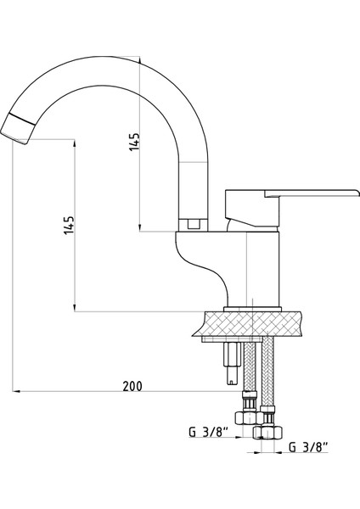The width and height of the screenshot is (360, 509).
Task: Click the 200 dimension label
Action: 132,386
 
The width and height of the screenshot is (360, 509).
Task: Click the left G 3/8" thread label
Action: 205,432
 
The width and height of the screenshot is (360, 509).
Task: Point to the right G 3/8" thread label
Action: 309,445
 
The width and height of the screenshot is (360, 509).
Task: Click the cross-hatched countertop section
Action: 255,324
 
